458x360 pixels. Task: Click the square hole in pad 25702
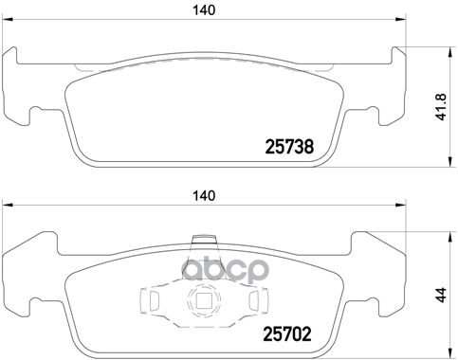click(x=201, y=302)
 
